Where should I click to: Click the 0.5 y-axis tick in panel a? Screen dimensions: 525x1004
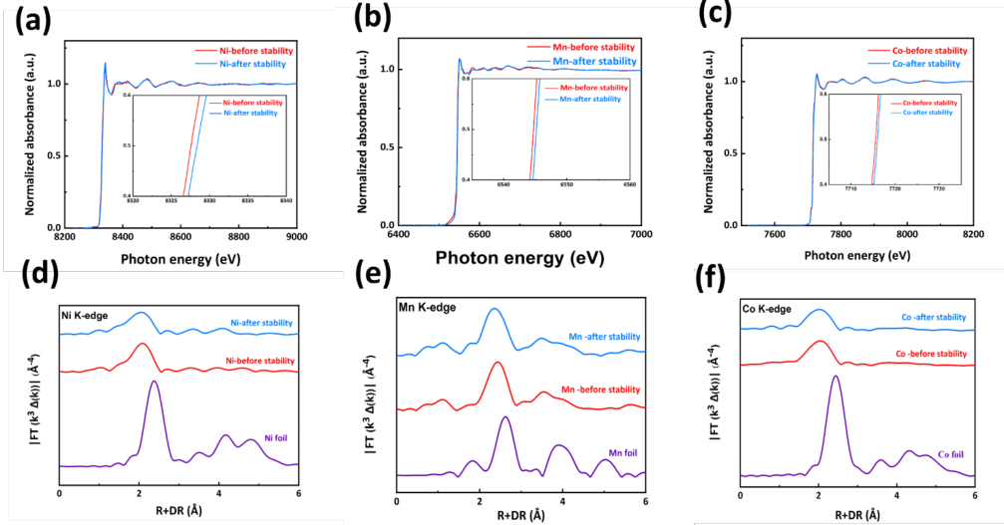click(51, 155)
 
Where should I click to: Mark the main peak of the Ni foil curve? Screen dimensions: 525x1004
click(154, 382)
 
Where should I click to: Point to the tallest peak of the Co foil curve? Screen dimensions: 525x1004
click(835, 376)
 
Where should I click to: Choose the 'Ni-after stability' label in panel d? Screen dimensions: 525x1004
click(261, 324)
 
